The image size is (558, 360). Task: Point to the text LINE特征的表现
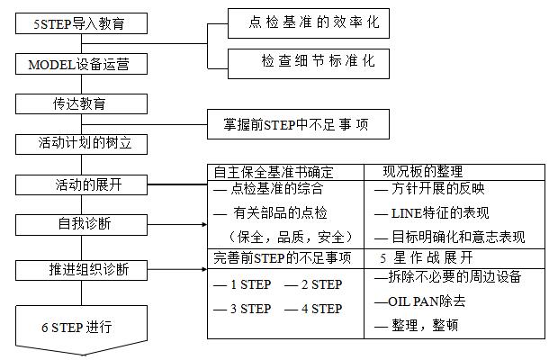coord(424,214)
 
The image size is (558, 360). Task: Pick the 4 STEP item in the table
coord(313,309)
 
